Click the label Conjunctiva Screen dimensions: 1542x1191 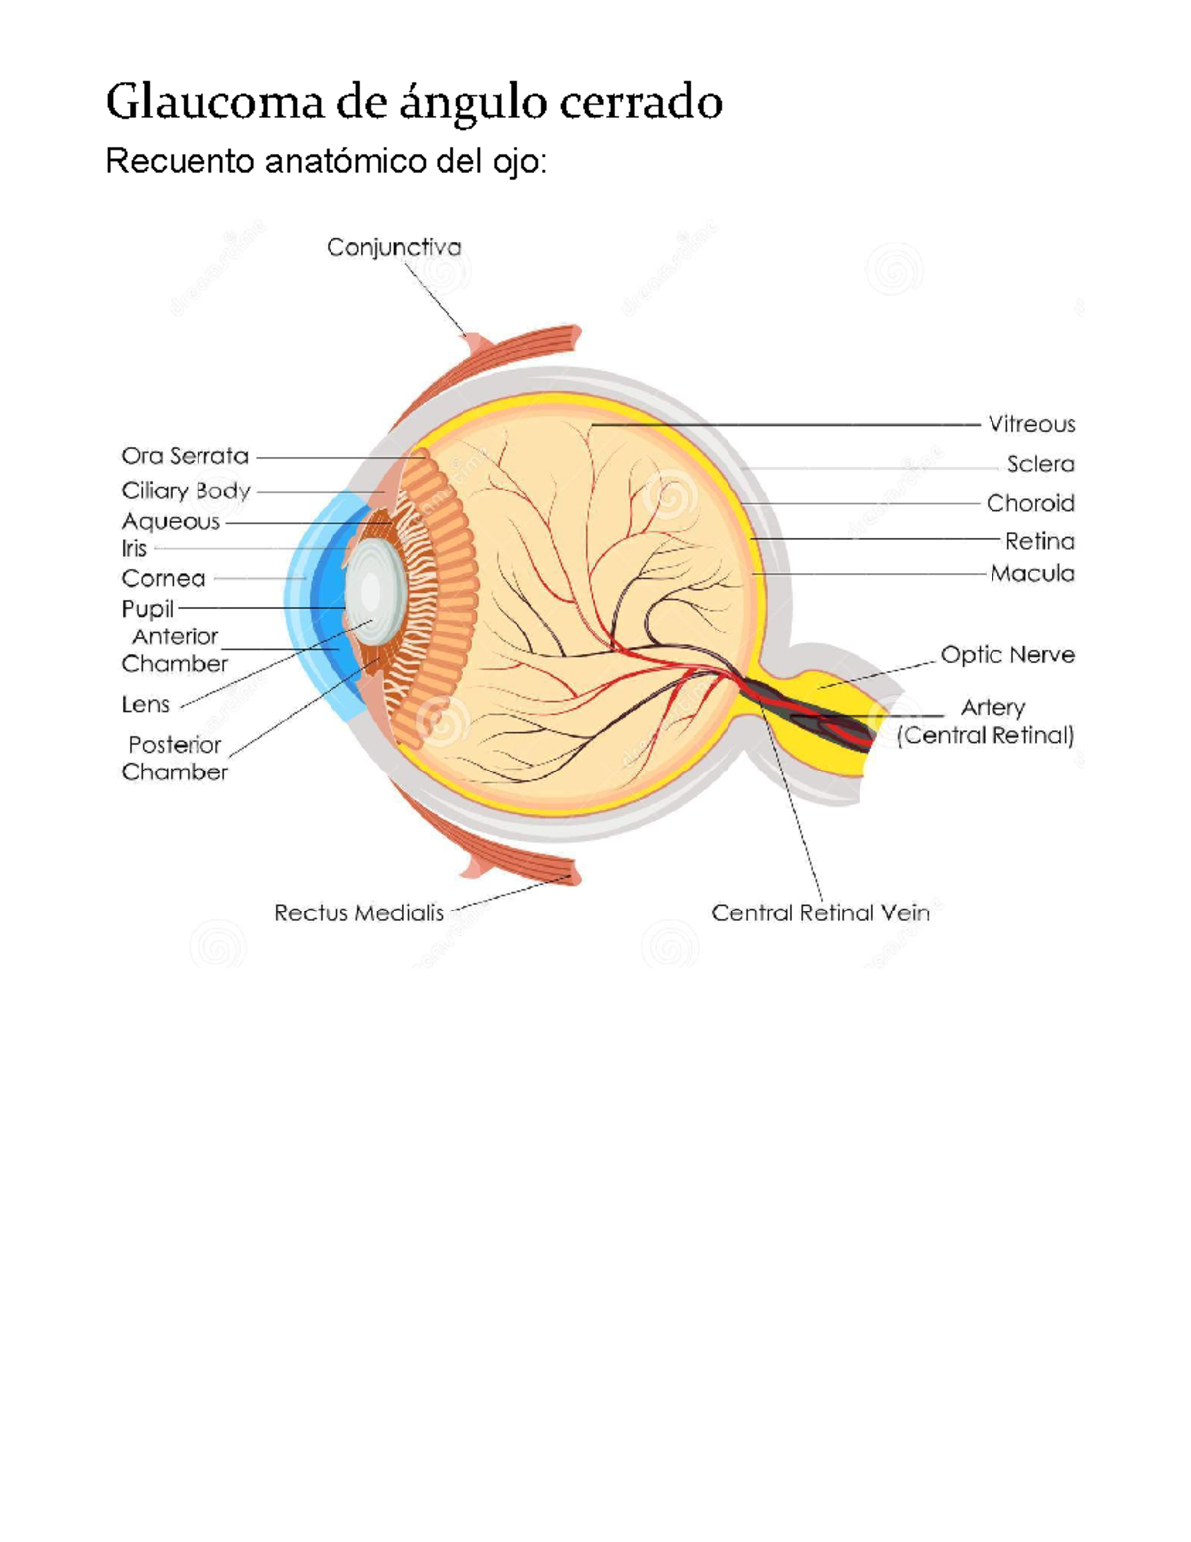[393, 247]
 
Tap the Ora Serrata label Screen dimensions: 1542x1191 [185, 456]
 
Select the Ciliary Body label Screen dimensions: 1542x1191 [186, 491]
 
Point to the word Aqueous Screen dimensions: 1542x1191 [171, 521]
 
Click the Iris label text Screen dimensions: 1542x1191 [134, 548]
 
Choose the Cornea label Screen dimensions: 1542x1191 [164, 578]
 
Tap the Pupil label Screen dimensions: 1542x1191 [147, 608]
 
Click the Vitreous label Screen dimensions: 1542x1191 [1031, 424]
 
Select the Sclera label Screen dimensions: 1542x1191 [1040, 464]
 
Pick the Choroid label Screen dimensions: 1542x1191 [1030, 503]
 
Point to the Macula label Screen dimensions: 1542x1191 [1032, 573]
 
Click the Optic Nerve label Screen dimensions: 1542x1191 [1007, 655]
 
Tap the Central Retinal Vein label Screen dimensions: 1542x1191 [820, 912]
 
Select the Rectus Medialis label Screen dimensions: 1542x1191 [358, 912]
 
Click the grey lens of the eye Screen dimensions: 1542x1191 [373, 593]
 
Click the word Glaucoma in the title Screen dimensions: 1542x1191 [214, 102]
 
